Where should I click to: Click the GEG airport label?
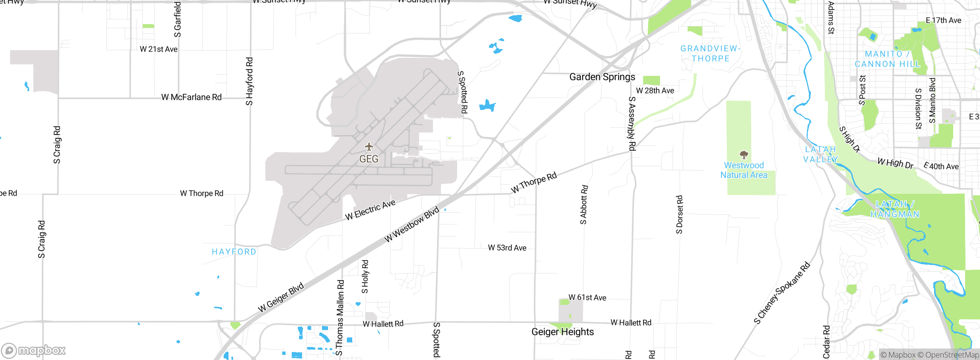point(369,159)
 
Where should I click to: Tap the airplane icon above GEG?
point(369,147)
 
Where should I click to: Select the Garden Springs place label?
point(602,77)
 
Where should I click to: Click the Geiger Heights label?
point(562,332)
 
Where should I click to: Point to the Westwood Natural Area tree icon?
point(744,155)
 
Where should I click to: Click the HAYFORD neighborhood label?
point(234,252)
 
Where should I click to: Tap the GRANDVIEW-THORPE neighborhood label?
point(710,54)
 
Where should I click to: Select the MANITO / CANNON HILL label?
point(887,59)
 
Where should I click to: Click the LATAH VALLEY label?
point(820,154)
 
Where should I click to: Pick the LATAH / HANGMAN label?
point(895,209)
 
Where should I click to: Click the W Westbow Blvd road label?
point(412,225)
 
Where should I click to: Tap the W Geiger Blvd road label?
point(281,298)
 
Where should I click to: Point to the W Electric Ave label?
point(370,210)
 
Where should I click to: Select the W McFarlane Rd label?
point(191,97)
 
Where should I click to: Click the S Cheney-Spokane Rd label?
point(782,293)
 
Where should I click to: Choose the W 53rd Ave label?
point(507,248)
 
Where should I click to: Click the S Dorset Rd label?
point(679,214)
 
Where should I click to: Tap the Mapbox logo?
point(34,350)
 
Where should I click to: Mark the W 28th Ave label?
point(655,91)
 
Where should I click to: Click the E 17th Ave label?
point(943,20)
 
